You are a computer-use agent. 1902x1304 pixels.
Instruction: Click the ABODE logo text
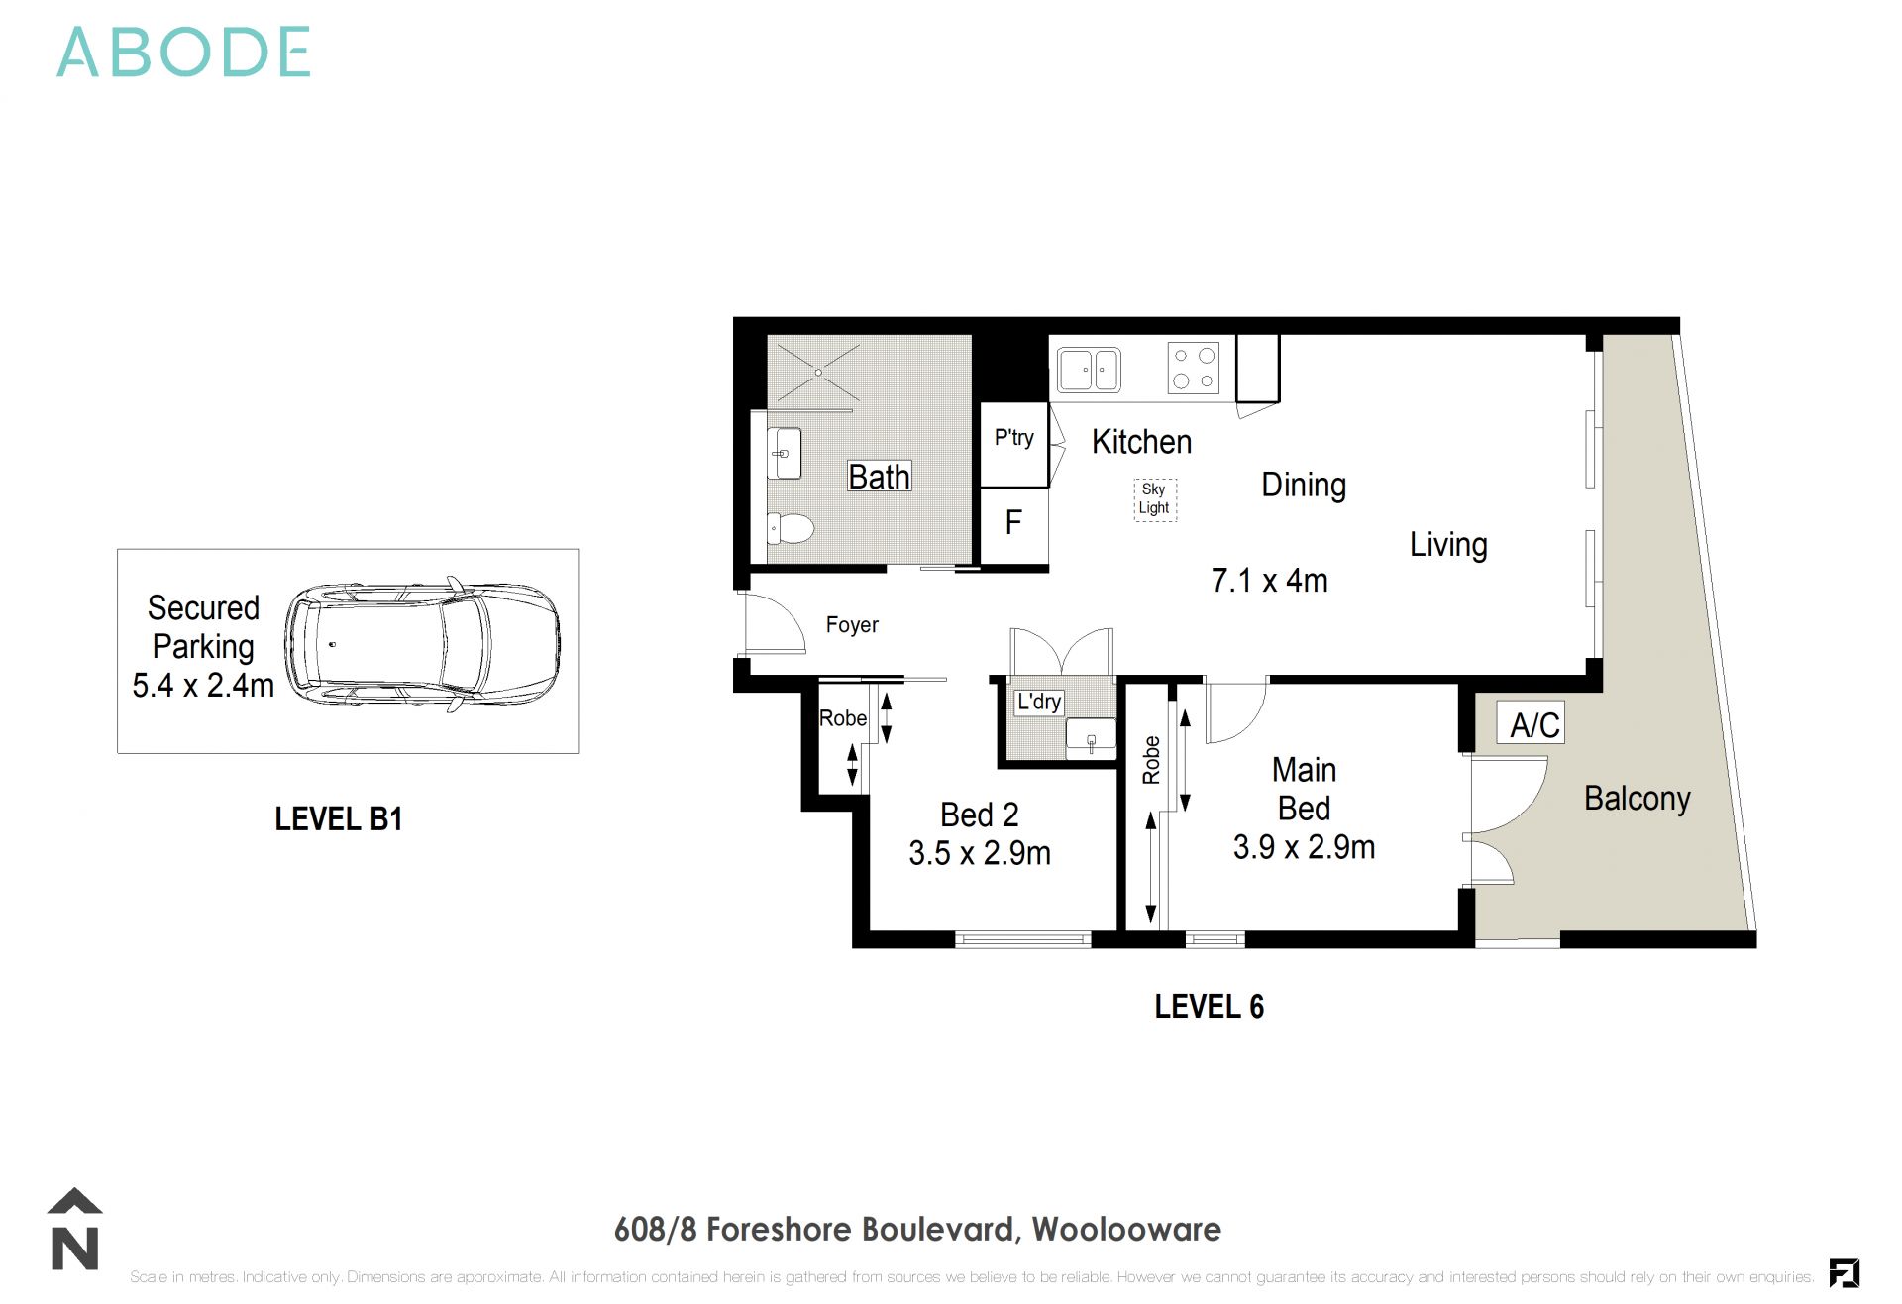click(184, 53)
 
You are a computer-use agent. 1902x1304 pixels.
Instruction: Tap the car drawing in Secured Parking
click(422, 645)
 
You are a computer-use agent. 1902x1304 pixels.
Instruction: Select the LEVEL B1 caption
click(339, 819)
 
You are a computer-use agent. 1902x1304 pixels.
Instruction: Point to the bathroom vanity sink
click(784, 453)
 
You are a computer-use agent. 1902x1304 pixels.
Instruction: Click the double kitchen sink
click(1089, 371)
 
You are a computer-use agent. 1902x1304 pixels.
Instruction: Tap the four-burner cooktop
click(1193, 368)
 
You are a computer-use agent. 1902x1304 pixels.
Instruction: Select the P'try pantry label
click(1013, 438)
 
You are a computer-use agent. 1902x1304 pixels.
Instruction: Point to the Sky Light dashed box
click(1154, 499)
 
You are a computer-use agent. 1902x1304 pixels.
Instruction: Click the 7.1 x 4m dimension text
click(1269, 581)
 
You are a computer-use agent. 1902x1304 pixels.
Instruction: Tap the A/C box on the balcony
click(1534, 725)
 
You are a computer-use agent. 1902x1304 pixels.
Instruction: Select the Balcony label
click(1637, 799)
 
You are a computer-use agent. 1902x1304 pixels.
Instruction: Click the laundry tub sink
click(1091, 738)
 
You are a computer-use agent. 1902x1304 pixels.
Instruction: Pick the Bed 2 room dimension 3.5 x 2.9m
click(980, 853)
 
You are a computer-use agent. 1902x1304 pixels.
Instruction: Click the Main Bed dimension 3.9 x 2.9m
click(1304, 847)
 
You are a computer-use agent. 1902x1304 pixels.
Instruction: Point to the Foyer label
click(852, 625)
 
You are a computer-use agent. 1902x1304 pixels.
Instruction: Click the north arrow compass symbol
click(75, 1229)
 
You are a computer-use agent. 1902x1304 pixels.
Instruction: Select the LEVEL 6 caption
click(1210, 1007)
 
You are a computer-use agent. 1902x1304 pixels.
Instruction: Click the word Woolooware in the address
click(1126, 1230)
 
